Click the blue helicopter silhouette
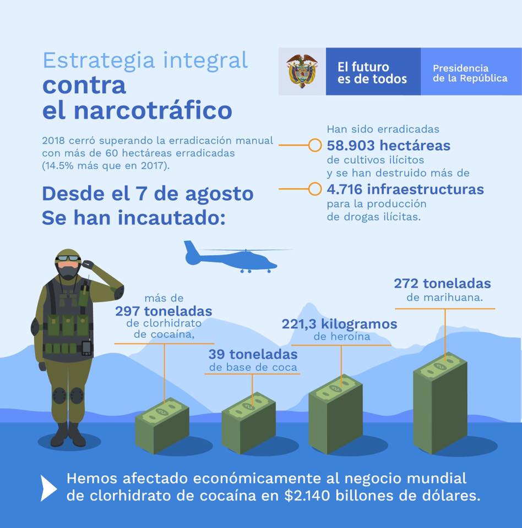click(x=233, y=257)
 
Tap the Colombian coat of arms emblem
click(x=302, y=71)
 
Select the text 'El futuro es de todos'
click(x=372, y=73)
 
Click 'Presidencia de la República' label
click(x=470, y=73)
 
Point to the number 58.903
click(x=351, y=145)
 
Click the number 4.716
click(x=345, y=189)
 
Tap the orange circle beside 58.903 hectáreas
click(x=314, y=145)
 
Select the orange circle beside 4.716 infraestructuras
click(x=314, y=189)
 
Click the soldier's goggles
click(x=68, y=258)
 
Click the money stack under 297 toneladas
click(x=162, y=425)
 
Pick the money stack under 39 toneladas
click(x=248, y=423)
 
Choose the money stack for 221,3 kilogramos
click(x=335, y=414)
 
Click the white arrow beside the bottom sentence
click(x=48, y=488)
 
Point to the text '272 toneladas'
click(x=442, y=284)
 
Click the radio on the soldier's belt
click(x=86, y=348)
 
